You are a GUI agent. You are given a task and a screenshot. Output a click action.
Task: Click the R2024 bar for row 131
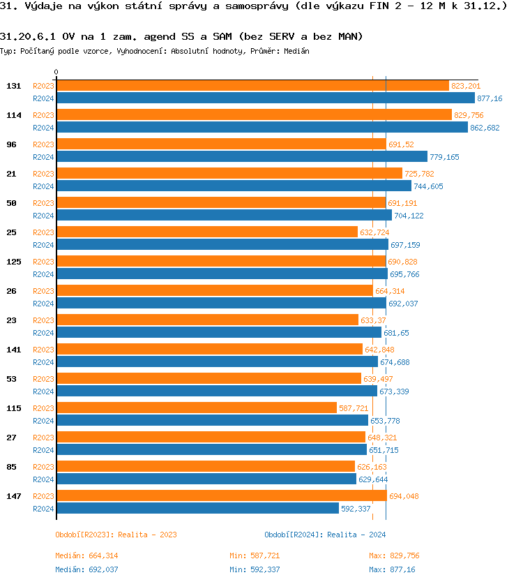(265, 98)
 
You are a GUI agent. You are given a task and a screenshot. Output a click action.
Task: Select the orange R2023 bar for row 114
(254, 115)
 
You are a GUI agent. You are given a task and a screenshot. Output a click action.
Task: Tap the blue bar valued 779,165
(241, 157)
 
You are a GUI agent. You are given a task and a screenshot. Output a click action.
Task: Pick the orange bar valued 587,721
(196, 408)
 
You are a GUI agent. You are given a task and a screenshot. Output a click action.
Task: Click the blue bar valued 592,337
(197, 509)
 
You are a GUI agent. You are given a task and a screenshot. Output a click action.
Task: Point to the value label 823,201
(466, 86)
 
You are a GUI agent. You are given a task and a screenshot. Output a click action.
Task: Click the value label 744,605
(428, 186)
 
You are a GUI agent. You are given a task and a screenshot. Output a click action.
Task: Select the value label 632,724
(374, 232)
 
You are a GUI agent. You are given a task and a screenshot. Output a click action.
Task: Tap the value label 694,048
(404, 496)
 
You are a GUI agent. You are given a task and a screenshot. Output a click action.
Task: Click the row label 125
(13, 262)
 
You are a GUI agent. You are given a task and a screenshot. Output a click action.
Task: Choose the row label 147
(13, 496)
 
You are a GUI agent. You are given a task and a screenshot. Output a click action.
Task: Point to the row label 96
(11, 144)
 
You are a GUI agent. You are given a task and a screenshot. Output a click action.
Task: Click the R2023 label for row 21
(43, 174)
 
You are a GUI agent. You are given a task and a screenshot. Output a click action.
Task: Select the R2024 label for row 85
(43, 479)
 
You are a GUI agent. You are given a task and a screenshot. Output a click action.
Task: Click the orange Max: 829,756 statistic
(394, 555)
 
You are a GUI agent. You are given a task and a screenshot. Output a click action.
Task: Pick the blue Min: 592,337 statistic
(255, 569)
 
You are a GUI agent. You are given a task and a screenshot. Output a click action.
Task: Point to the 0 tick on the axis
(56, 73)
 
